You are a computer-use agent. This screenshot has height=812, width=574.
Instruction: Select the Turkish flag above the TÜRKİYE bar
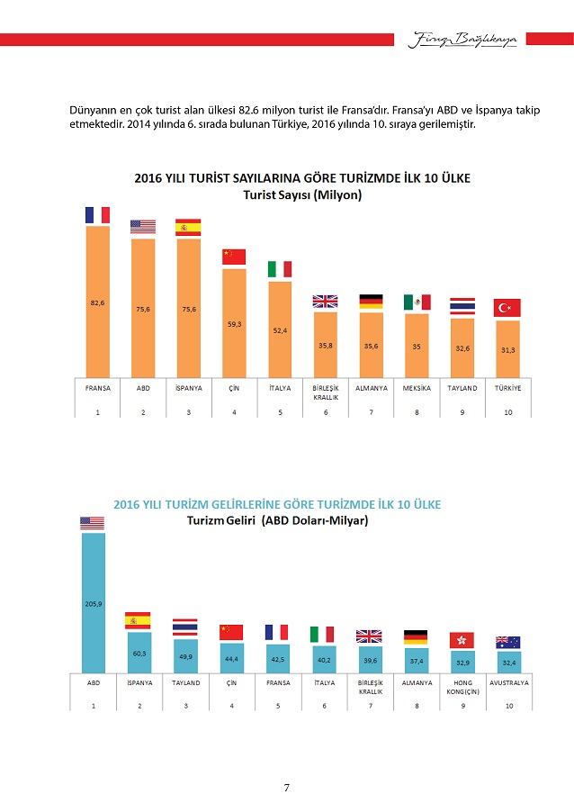click(508, 308)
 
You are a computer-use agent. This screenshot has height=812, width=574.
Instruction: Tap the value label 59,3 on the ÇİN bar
click(234, 324)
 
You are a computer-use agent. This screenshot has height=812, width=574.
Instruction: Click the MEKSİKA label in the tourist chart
click(417, 388)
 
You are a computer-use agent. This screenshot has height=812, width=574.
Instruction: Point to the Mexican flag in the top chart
click(417, 302)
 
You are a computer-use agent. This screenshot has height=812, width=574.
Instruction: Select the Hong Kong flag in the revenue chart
click(462, 640)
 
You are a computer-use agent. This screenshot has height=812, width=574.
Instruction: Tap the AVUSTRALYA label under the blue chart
click(508, 683)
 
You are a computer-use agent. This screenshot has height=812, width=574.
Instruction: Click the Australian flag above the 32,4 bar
click(508, 643)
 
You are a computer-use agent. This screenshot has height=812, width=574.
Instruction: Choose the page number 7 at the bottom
click(286, 789)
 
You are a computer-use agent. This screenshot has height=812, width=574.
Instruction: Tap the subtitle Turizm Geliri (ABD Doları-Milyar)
click(277, 520)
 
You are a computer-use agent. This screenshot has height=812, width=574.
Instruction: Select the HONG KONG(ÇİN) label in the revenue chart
click(462, 687)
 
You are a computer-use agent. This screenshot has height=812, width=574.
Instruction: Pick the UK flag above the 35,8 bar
click(325, 302)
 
